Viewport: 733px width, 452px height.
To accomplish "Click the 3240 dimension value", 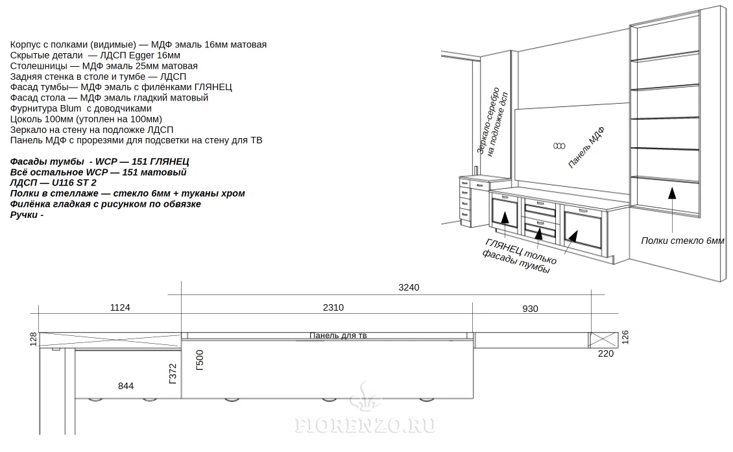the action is pyautogui.click(x=409, y=287).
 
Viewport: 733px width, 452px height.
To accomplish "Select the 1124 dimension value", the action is pyautogui.click(x=119, y=307).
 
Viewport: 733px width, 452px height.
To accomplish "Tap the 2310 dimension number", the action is pyautogui.click(x=333, y=307).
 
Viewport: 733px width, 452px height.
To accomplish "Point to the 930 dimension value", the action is pyautogui.click(x=530, y=309).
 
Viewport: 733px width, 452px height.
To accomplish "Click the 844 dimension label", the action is pyautogui.click(x=126, y=386).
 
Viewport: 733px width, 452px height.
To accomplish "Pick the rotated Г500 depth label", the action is pyautogui.click(x=200, y=360).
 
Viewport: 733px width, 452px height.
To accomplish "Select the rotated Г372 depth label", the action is pyautogui.click(x=173, y=374).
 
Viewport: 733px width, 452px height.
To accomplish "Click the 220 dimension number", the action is pyautogui.click(x=606, y=354).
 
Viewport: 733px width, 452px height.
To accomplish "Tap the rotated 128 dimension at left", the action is pyautogui.click(x=33, y=339).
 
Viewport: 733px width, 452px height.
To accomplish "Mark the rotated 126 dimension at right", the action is pyautogui.click(x=625, y=337).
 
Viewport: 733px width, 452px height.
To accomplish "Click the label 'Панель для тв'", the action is pyautogui.click(x=338, y=336).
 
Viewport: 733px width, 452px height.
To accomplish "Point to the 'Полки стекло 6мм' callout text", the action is pyautogui.click(x=682, y=241).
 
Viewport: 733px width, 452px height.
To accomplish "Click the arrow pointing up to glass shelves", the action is pyautogui.click(x=672, y=209).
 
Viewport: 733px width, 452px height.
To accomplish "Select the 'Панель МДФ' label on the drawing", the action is pyautogui.click(x=586, y=147).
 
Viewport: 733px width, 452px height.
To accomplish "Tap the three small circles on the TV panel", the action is pyautogui.click(x=559, y=147).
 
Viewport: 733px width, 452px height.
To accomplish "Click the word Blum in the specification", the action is pyautogui.click(x=71, y=108).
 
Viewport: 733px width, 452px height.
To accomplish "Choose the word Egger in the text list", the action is pyautogui.click(x=141, y=55).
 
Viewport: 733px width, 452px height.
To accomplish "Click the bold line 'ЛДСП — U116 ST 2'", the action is pyautogui.click(x=53, y=183).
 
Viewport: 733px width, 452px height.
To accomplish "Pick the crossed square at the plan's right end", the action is pyautogui.click(x=603, y=340).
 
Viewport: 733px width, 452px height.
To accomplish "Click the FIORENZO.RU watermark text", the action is pyautogui.click(x=366, y=425).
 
